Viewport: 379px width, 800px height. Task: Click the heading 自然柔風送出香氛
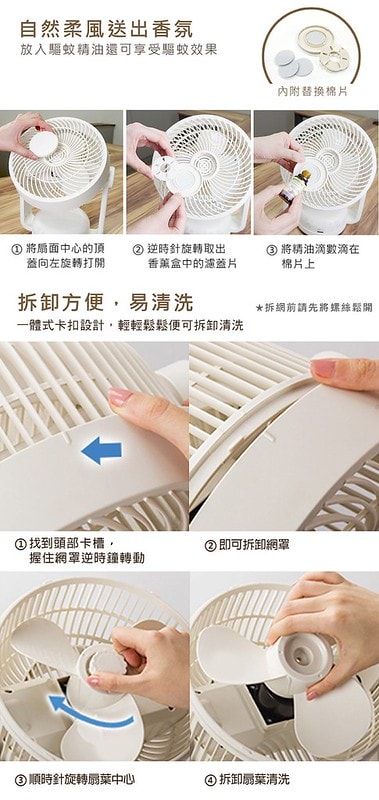point(106,29)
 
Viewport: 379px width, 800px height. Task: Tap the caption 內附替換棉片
point(313,92)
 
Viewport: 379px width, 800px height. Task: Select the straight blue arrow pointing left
point(102,451)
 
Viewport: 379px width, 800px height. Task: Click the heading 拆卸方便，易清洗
point(106,303)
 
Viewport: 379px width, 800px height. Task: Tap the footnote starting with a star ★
point(314,308)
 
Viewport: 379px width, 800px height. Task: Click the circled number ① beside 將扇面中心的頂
point(16,250)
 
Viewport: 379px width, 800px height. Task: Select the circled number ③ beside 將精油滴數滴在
point(272,250)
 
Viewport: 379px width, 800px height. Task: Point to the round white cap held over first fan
point(43,144)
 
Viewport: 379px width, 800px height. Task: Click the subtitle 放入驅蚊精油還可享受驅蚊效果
point(119,50)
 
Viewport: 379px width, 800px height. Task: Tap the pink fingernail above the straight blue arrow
point(119,397)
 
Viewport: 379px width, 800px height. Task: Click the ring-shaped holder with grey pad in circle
point(315,40)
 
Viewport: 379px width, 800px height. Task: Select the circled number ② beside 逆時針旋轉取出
point(137,250)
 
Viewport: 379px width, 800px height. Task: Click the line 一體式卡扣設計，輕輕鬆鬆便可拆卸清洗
point(130,326)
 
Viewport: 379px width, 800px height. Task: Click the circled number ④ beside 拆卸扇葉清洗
point(210,780)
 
